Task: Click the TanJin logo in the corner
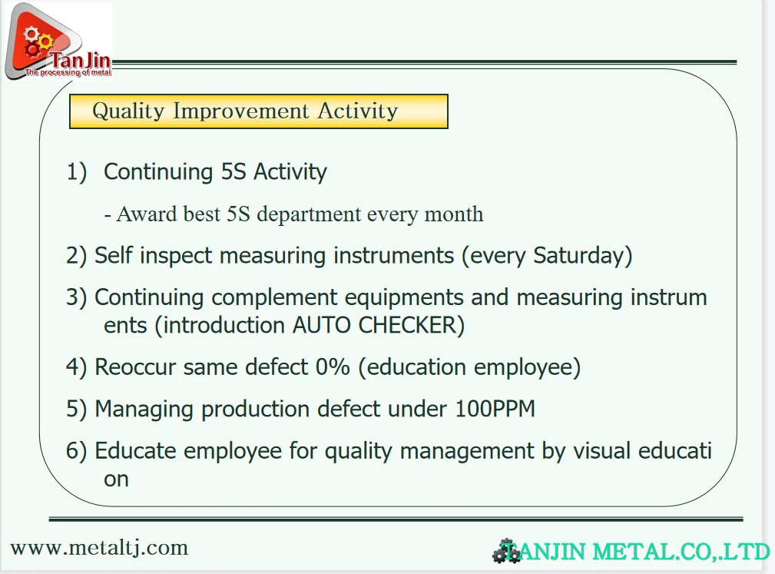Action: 58,41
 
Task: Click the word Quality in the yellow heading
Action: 128,111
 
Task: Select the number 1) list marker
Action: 76,171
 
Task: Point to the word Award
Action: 147,214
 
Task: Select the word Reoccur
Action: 135,367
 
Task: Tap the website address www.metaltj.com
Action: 99,549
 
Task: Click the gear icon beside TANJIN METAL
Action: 505,551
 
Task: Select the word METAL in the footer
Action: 632,552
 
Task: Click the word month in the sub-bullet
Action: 454,214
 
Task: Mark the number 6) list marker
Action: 76,451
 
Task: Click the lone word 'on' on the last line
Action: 116,479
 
